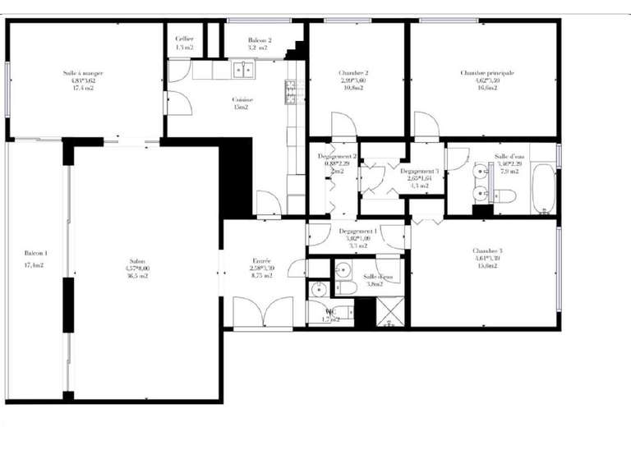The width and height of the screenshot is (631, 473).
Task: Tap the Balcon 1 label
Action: [x=35, y=259]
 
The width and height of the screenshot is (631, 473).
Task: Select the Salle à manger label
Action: [x=82, y=80]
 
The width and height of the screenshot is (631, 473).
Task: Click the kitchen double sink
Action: [x=242, y=70]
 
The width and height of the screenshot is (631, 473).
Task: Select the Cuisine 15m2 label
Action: [x=242, y=103]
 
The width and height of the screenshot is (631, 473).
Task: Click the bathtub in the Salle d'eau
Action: [x=544, y=189]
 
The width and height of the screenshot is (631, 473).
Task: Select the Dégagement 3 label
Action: [x=420, y=177]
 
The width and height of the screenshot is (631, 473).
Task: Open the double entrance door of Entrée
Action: [x=262, y=314]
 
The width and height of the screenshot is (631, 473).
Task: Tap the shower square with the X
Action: [x=390, y=313]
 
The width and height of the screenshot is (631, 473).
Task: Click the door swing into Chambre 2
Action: [x=343, y=126]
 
